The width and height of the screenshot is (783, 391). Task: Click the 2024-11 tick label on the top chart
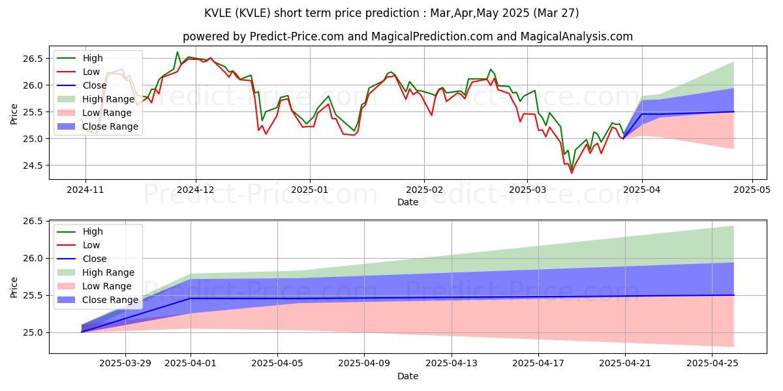[85, 190]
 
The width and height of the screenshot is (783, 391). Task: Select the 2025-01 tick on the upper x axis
[309, 190]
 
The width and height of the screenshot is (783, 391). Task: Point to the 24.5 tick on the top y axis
[35, 166]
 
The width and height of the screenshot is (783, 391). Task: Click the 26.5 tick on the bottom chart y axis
[35, 222]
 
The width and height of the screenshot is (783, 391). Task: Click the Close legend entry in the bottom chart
[95, 259]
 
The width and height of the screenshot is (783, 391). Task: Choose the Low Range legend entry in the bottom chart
[97, 286]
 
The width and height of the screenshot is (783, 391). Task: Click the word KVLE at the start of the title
[221, 13]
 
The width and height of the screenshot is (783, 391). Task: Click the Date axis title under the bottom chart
[408, 376]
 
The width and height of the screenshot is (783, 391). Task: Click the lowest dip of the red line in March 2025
[572, 173]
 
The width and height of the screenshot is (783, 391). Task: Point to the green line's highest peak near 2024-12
[177, 52]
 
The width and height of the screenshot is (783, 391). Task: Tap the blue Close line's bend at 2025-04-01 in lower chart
[191, 298]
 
